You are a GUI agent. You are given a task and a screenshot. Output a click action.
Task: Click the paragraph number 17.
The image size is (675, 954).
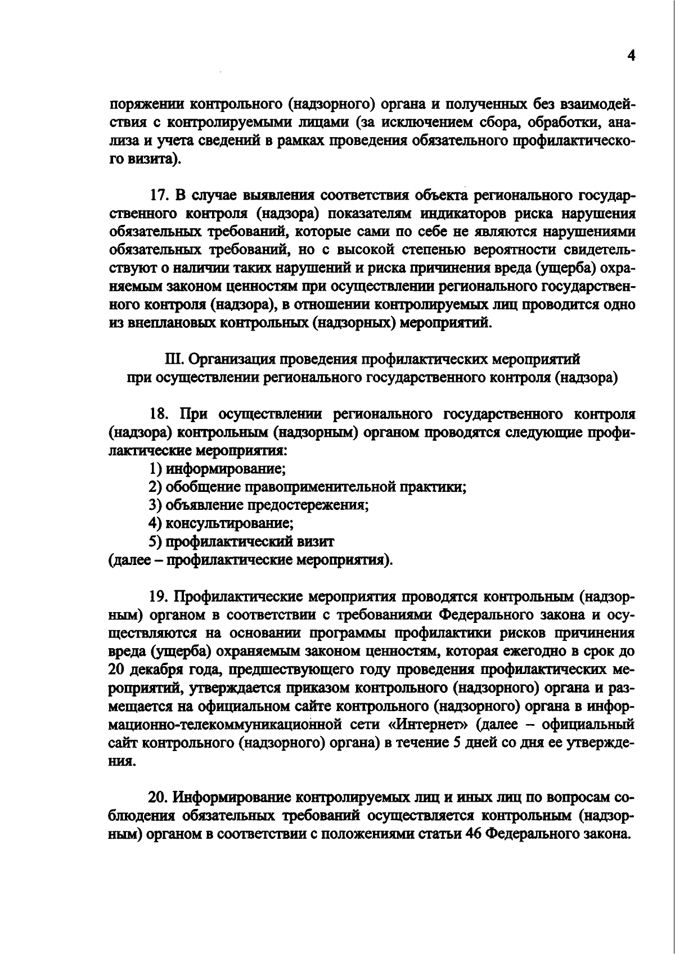click(x=159, y=196)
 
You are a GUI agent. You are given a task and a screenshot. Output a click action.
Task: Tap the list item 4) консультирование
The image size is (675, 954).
click(x=220, y=523)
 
